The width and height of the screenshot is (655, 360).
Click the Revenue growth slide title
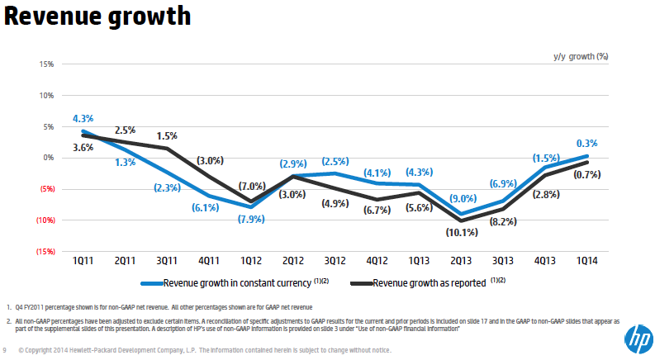coord(97,17)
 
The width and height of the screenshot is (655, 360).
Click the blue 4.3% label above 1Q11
coord(83,118)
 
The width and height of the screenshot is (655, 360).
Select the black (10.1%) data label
coord(462,232)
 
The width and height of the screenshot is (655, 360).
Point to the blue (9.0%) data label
coord(462,199)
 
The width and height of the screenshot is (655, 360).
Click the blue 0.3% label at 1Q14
coord(586,143)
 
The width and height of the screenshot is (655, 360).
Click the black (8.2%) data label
coord(504,222)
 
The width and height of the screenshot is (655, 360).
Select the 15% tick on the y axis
coord(46,64)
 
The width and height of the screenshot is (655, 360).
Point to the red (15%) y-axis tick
coord(44,252)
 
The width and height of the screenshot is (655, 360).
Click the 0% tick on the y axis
coord(48,158)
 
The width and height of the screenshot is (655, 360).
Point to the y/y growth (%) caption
coord(580,57)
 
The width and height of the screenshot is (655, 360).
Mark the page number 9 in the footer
coord(7,350)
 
